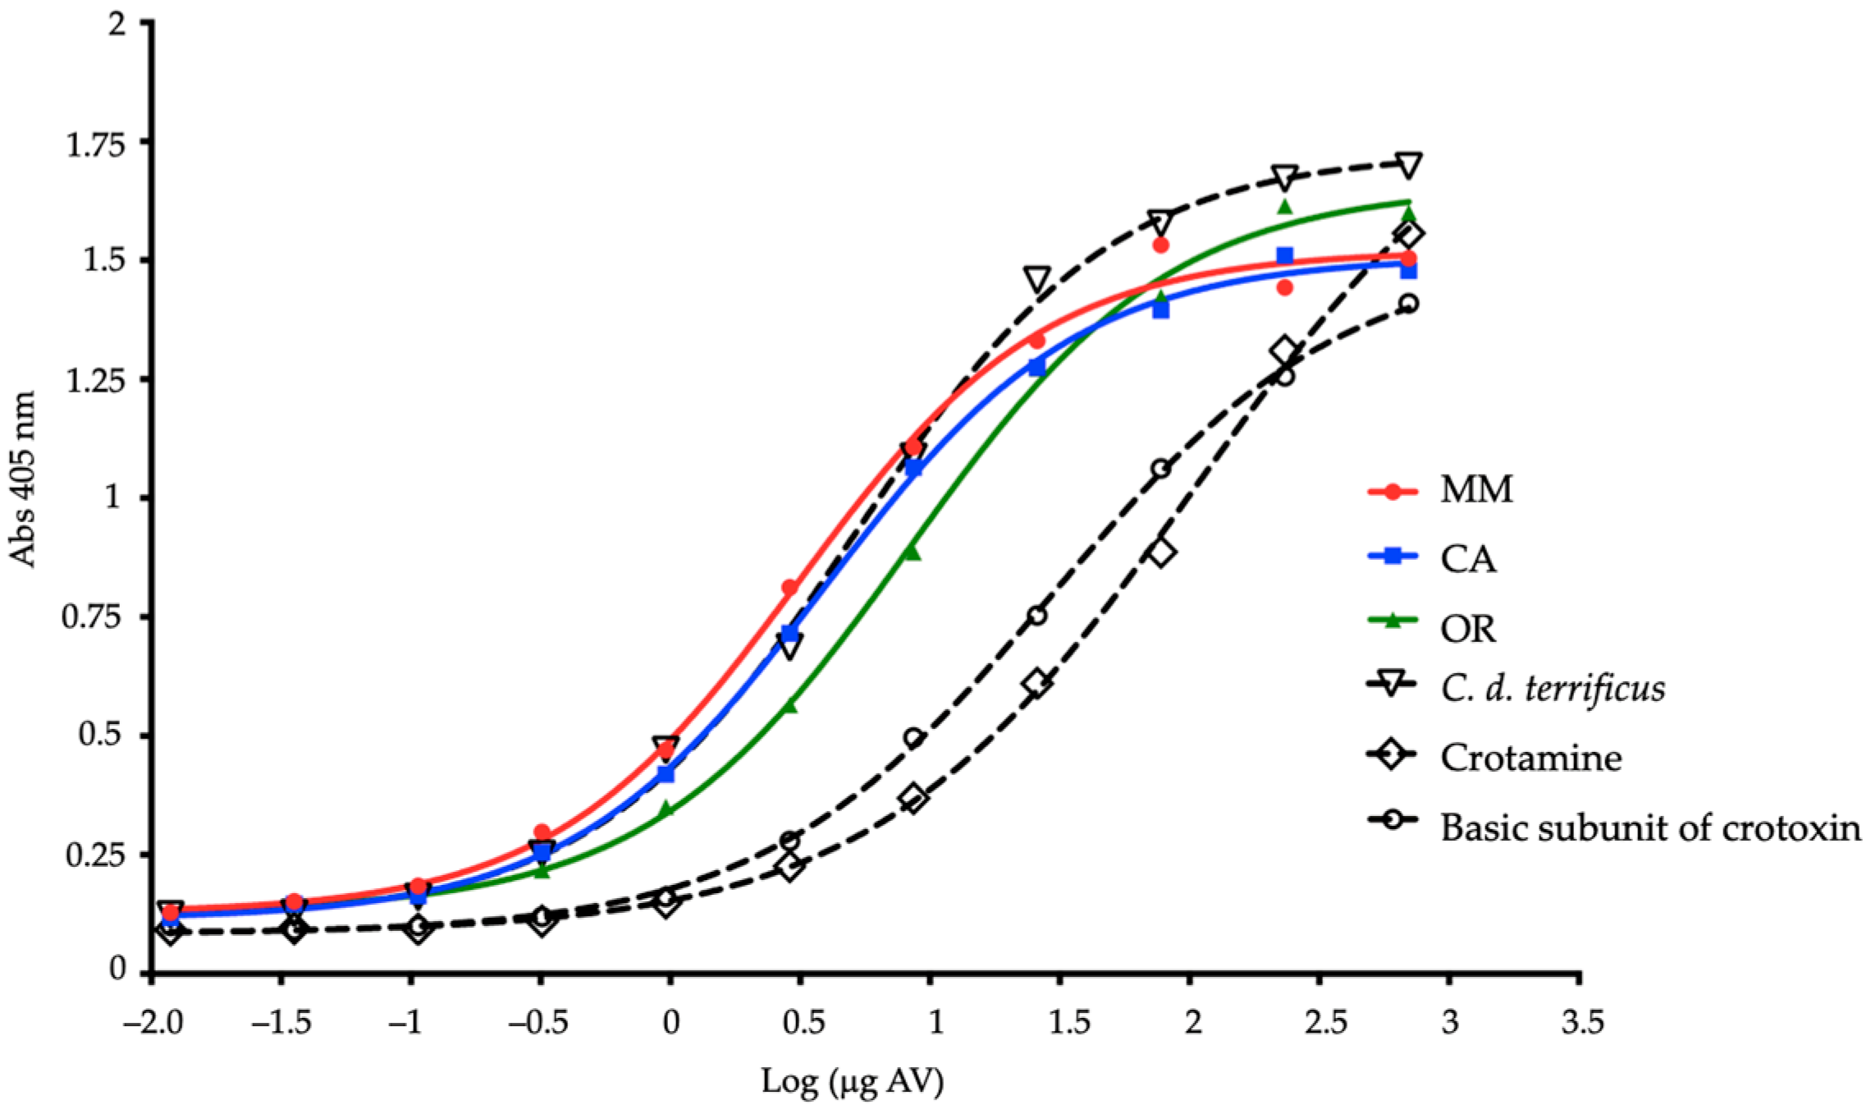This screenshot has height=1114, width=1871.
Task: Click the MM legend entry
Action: (x=1476, y=490)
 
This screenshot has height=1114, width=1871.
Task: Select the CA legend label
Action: (x=1468, y=559)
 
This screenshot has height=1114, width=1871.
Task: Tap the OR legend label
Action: (x=1468, y=629)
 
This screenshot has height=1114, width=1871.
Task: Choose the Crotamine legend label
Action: (x=1530, y=758)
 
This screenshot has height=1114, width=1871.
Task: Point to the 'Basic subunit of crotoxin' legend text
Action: (x=1650, y=827)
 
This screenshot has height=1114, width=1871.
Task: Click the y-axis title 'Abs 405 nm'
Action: (x=23, y=480)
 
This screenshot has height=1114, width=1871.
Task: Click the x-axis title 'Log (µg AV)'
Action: (x=852, y=1082)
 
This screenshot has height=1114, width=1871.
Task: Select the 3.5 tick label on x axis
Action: (x=1581, y=1023)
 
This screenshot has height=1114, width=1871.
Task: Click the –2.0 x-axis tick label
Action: (x=151, y=1023)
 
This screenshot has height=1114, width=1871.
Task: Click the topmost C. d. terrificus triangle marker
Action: (x=1408, y=165)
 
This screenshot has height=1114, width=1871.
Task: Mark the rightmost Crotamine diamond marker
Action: (x=1408, y=235)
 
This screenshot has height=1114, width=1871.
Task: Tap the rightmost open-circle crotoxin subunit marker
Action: (x=1408, y=304)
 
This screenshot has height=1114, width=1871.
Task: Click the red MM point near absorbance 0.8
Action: (x=789, y=588)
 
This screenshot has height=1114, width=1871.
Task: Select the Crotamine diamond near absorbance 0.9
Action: (x=1160, y=552)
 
